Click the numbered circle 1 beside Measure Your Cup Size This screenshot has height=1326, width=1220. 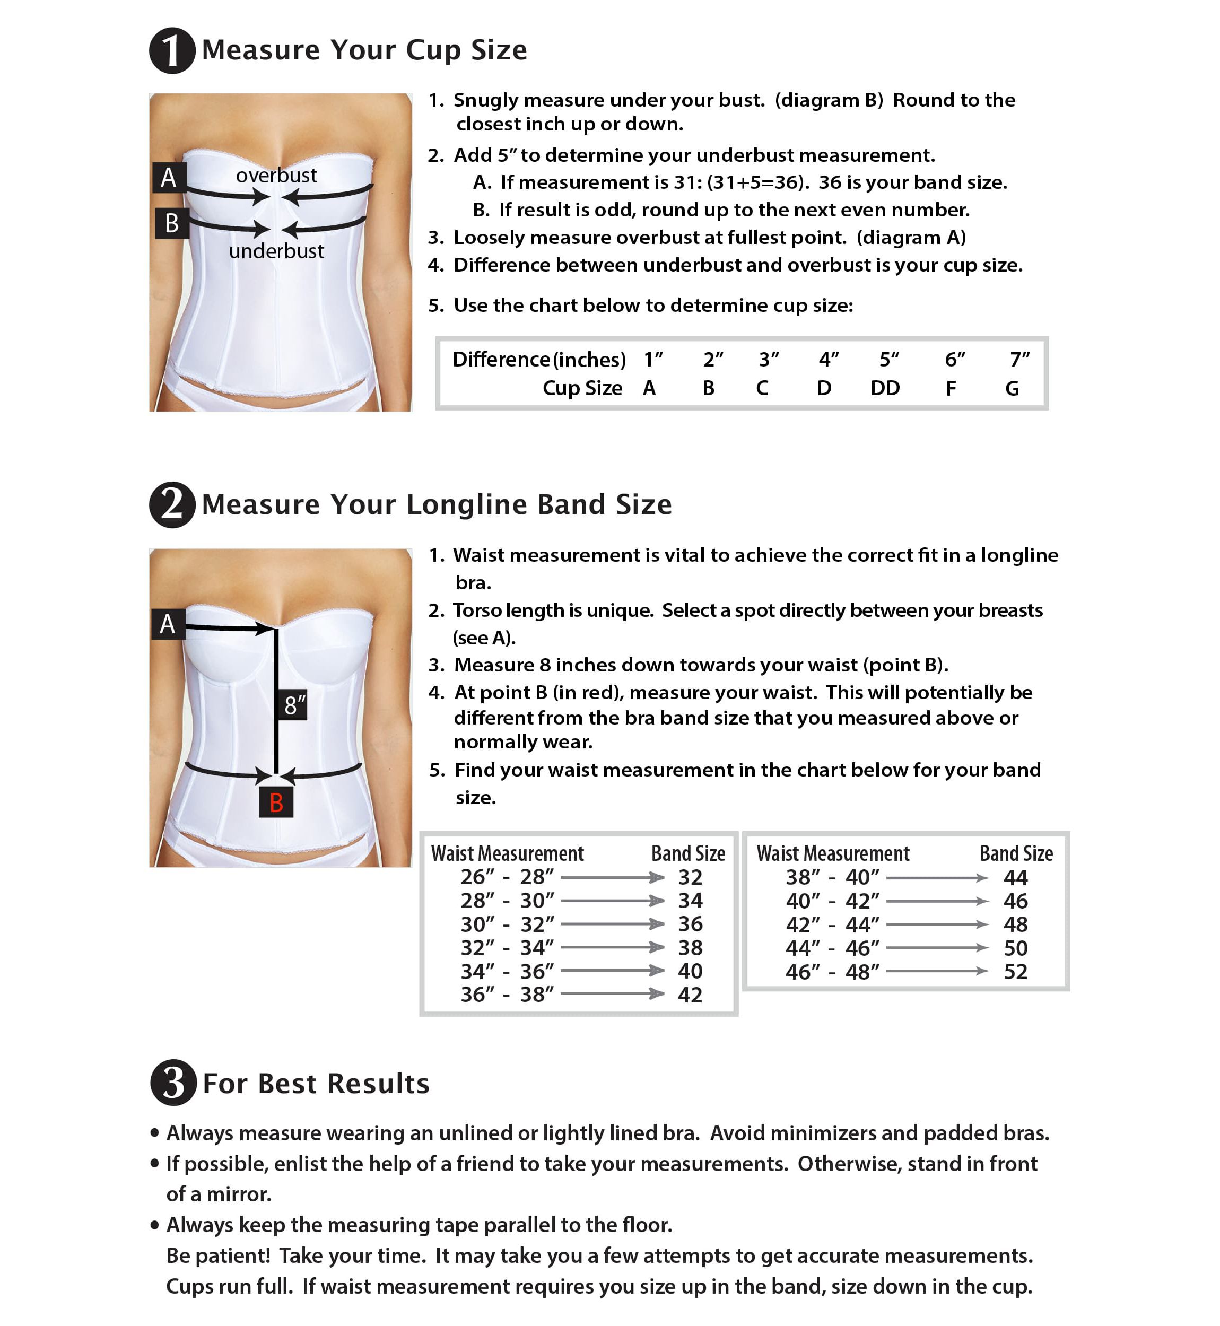pyautogui.click(x=172, y=51)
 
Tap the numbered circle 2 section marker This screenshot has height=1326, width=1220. pyautogui.click(x=172, y=505)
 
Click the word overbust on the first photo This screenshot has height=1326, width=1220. pyautogui.click(x=276, y=176)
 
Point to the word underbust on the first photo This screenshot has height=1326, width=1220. pyautogui.click(x=276, y=251)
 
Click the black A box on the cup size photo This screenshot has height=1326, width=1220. pyautogui.click(x=169, y=178)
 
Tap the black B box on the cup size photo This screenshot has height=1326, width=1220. pyautogui.click(x=172, y=223)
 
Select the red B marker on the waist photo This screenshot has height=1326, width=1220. pyautogui.click(x=276, y=802)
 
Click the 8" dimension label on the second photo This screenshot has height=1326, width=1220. pyautogui.click(x=294, y=705)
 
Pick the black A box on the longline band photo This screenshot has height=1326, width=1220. pyautogui.click(x=168, y=624)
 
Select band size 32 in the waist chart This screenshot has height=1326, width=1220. pyautogui.click(x=690, y=877)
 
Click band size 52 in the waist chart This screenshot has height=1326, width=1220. pyautogui.click(x=1015, y=972)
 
